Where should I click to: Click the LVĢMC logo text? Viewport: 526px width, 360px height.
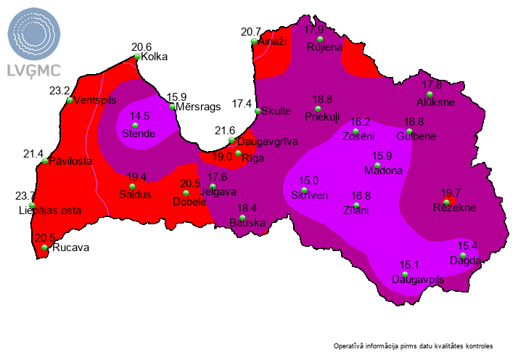(x=33, y=70)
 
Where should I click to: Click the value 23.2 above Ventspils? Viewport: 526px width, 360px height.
(x=59, y=91)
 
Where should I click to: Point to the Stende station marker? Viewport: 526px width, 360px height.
(x=134, y=126)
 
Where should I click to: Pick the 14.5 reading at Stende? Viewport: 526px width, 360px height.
(x=139, y=116)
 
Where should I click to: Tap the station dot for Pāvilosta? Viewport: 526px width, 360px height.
(x=45, y=160)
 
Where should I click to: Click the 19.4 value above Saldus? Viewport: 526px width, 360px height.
(x=136, y=177)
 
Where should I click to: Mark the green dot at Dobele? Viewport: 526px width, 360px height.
(x=186, y=193)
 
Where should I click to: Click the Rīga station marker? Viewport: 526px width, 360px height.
(x=238, y=154)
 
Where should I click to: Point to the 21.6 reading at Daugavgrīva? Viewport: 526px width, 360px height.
(x=226, y=130)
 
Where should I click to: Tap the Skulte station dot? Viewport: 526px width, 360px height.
(x=258, y=111)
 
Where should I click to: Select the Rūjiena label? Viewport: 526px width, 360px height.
(x=324, y=48)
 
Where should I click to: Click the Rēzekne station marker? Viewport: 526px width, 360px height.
(x=446, y=202)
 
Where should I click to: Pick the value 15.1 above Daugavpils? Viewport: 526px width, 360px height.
(x=410, y=265)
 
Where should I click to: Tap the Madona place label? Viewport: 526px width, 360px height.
(x=387, y=171)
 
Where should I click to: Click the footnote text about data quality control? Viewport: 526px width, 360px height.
(x=414, y=345)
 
